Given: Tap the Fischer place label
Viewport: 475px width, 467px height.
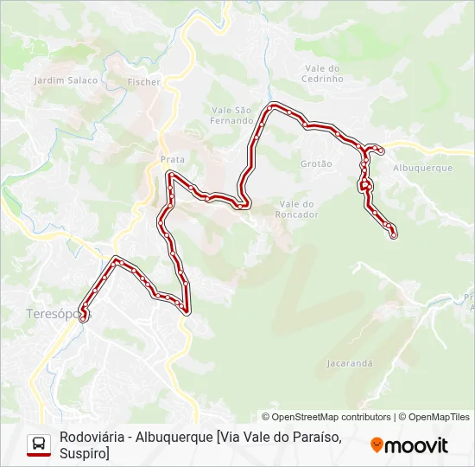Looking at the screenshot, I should pos(143,82).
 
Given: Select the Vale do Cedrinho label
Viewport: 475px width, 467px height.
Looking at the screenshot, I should pos(324,74).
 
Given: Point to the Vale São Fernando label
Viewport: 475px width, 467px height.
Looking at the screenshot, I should pos(231,115).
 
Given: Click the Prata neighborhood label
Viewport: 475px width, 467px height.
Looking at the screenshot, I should pos(173,159).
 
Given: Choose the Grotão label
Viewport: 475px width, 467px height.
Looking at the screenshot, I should pos(316,163).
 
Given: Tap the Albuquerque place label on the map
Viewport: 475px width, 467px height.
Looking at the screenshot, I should pos(422,168).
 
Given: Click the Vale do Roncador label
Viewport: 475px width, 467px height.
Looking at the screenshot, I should pos(296,209).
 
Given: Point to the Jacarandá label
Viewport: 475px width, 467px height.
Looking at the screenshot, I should pos(349,363).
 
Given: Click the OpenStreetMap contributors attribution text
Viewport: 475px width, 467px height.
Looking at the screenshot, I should pos(326,417).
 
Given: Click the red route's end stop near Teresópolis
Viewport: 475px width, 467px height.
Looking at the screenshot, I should pos(83,318).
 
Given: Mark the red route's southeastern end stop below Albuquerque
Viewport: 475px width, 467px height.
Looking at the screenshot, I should pos(394,234).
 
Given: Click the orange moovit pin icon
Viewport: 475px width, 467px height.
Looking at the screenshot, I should pos(377,445).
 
